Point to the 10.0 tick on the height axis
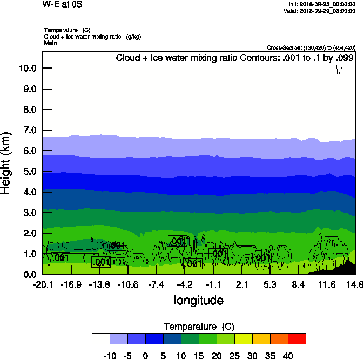point(27,68)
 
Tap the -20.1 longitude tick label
point(42,284)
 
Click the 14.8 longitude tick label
point(355,284)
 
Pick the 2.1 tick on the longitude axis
point(241,284)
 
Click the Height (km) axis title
point(6,162)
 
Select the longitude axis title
point(198,300)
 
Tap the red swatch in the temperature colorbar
point(296,338)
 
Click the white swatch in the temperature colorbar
point(100,338)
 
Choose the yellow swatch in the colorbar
point(243,338)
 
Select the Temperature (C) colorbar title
point(199,326)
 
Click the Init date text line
point(322,4)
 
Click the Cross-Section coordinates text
point(311,48)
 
